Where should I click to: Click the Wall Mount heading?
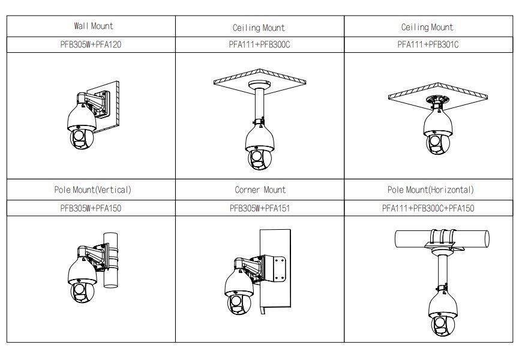(93, 26)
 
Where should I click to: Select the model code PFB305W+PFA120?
(91, 44)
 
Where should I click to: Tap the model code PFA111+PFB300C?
(260, 44)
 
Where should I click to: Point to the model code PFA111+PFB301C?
(428, 44)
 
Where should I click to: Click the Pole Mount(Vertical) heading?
(92, 190)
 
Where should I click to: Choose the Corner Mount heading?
(260, 190)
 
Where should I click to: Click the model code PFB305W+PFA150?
(91, 208)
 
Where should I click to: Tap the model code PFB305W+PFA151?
(260, 208)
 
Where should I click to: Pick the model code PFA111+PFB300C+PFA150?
(428, 208)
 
